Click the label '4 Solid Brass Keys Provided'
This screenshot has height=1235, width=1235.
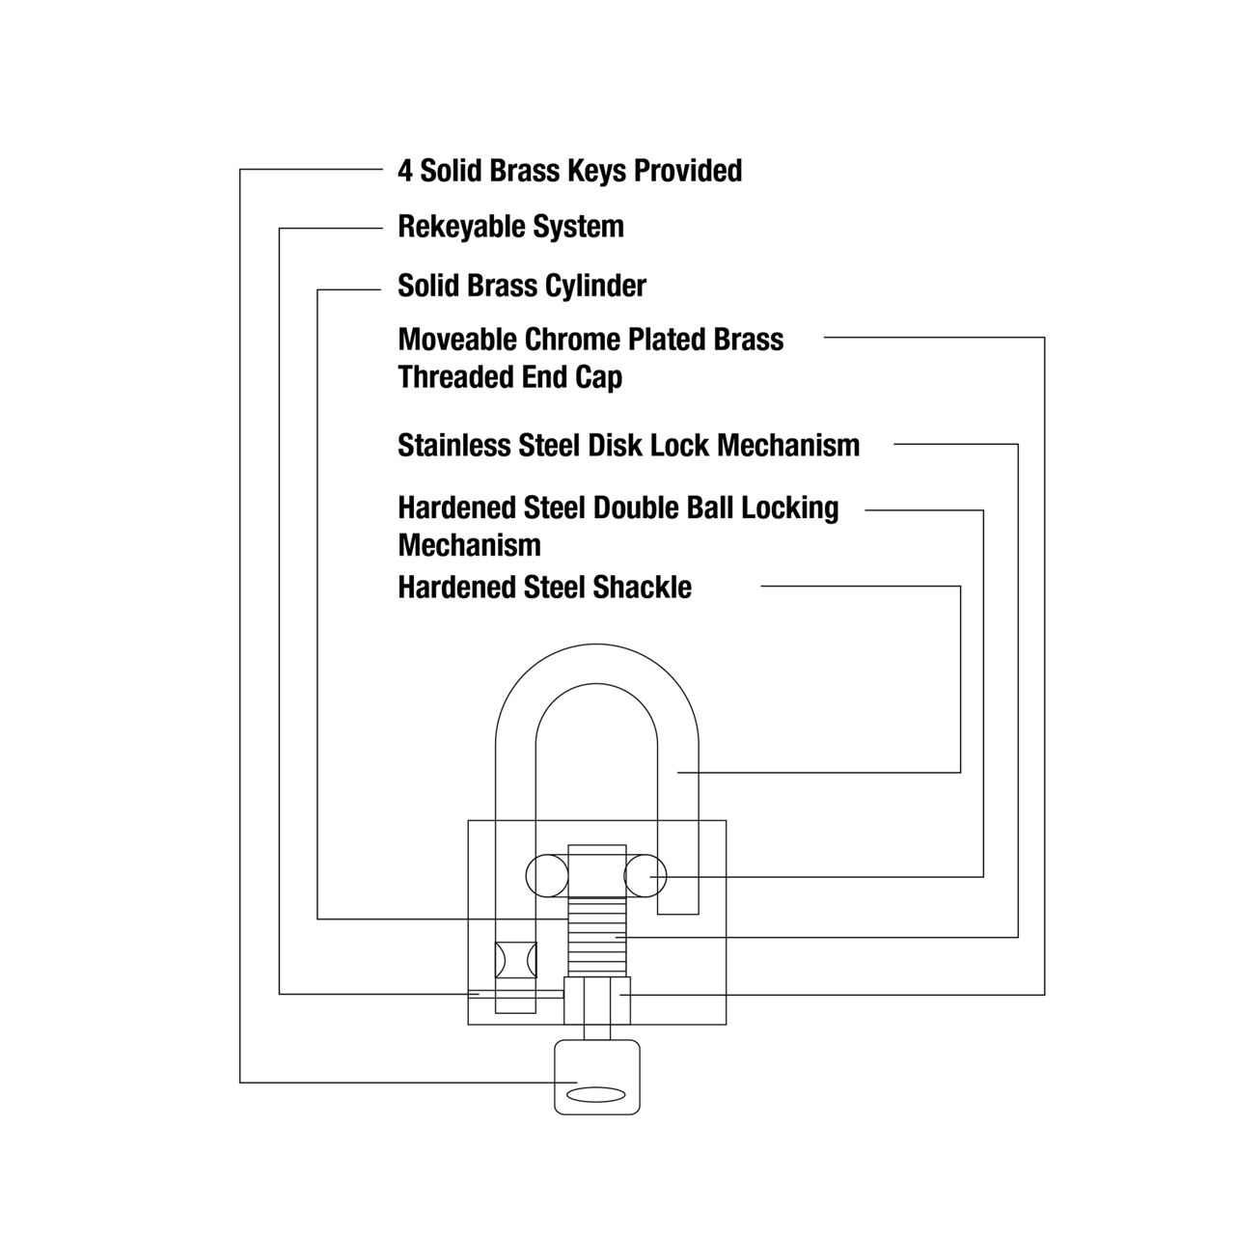click(x=570, y=171)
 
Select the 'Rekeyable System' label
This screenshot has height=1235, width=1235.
click(x=510, y=227)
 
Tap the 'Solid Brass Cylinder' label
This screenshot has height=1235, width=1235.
click(x=522, y=286)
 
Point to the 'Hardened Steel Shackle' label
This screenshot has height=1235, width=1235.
click(x=545, y=587)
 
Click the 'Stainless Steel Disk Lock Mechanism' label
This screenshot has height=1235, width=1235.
click(x=629, y=446)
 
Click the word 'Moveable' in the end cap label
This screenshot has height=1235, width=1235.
click(x=457, y=340)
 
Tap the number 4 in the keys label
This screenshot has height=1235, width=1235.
click(x=405, y=171)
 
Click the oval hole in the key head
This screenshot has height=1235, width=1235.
click(x=596, y=1095)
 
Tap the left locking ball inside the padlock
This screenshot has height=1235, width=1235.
click(x=547, y=875)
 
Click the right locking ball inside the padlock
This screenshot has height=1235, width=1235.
click(x=645, y=875)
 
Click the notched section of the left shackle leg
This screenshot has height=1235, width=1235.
click(x=515, y=960)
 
